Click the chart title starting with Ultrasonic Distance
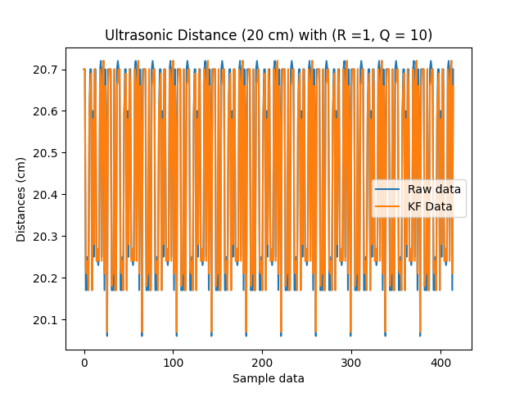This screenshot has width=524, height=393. tap(269, 35)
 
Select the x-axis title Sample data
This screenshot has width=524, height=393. tap(269, 378)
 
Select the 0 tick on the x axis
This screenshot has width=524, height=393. tap(84, 361)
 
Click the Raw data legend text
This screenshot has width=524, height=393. tap(434, 189)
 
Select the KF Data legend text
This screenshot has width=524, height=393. tap(430, 206)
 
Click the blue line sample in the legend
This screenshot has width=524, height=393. tap(388, 189)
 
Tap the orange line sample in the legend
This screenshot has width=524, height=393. tap(388, 206)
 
